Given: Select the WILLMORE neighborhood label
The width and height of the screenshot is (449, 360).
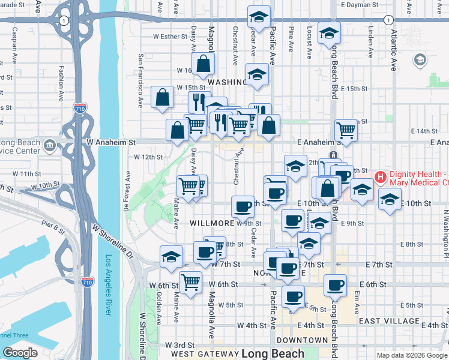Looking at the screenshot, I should click(211, 223).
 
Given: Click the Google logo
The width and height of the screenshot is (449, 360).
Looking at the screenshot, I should click(20, 352).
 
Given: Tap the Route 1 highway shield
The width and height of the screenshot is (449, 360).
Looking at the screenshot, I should click(63, 20).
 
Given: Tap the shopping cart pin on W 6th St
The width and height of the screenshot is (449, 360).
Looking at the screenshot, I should click(191, 280).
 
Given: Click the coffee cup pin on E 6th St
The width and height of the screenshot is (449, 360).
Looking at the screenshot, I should click(335, 284).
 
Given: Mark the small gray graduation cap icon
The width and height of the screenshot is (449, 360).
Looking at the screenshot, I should click(420, 60).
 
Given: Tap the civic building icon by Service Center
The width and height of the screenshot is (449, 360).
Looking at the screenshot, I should click(49, 145).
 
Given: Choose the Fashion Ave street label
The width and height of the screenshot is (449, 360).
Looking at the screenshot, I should click(61, 83).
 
